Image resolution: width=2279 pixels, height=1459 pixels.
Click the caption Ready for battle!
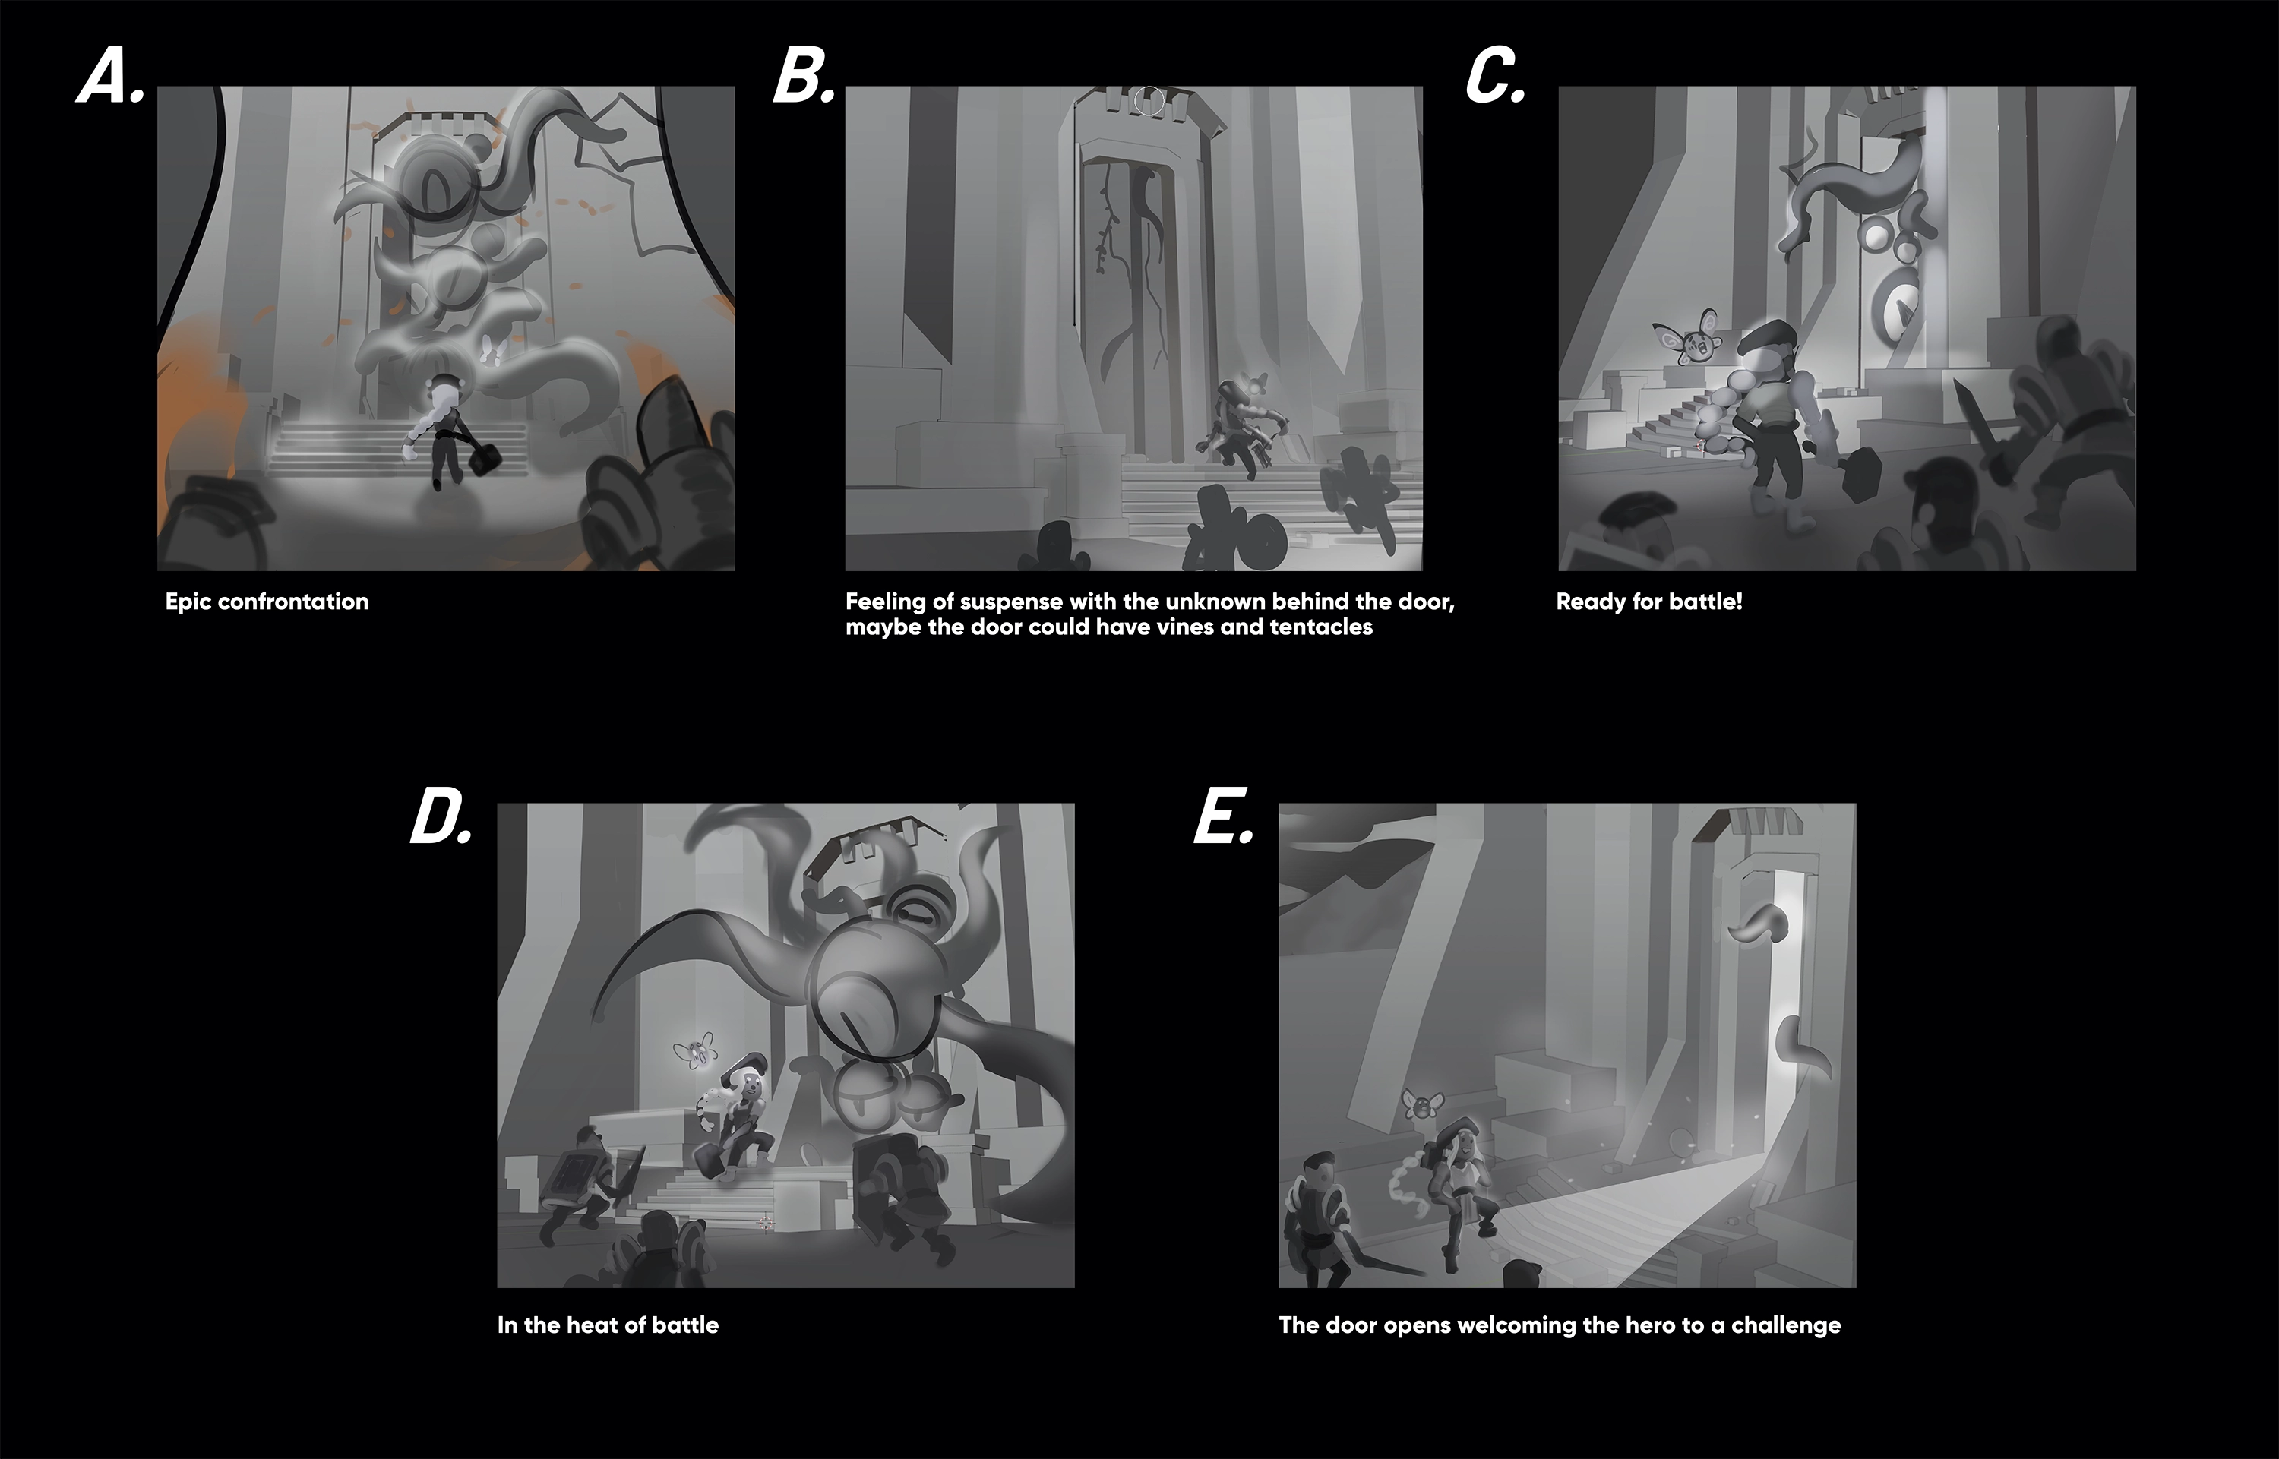(1648, 602)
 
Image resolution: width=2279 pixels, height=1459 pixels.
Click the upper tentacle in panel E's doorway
(1759, 924)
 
